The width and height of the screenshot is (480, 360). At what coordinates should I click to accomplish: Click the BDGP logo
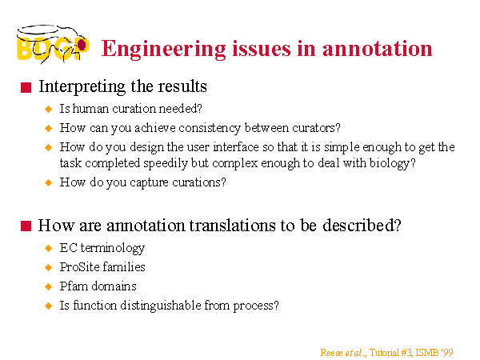[x=53, y=44]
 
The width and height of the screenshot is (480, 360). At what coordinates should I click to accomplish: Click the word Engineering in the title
[x=163, y=50]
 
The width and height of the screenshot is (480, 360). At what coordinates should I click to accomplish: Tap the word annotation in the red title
[x=377, y=49]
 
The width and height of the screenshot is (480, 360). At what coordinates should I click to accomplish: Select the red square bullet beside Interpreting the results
[x=26, y=87]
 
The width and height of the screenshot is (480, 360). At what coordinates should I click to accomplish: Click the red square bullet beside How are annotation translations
[x=26, y=226]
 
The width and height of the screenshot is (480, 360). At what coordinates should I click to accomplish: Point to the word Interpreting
[x=82, y=87]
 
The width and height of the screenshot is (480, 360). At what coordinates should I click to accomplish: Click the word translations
[x=233, y=226]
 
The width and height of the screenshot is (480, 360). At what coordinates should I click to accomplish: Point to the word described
[x=358, y=226]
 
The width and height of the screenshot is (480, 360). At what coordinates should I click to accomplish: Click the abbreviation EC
[x=69, y=248]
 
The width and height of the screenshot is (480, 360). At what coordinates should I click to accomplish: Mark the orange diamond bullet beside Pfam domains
[x=48, y=286]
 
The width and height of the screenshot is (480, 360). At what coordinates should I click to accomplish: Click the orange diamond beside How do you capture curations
[x=48, y=182]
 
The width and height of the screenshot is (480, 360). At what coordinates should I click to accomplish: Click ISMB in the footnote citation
[x=426, y=353]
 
